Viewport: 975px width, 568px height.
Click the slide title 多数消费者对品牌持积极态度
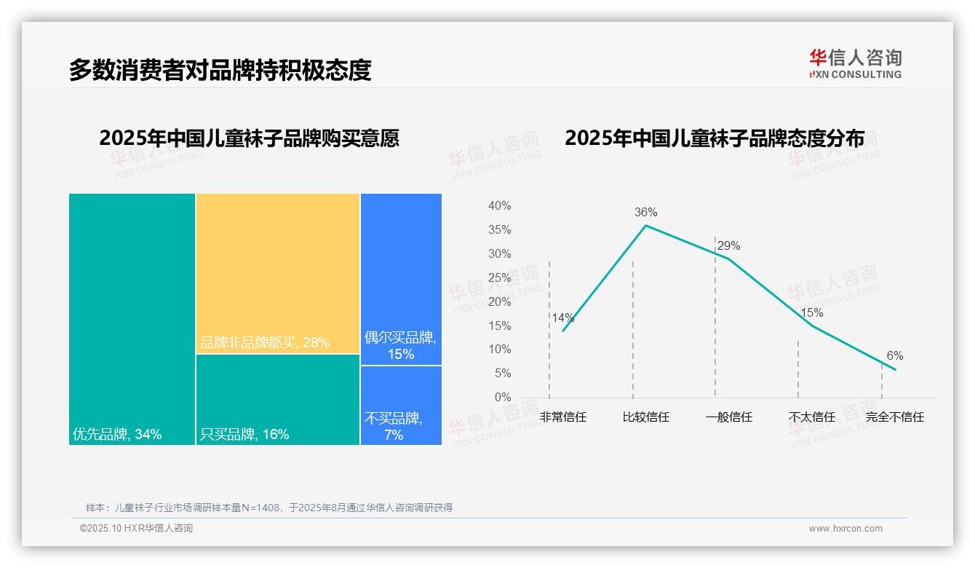click(x=220, y=70)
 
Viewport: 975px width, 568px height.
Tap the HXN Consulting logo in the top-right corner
click(x=855, y=63)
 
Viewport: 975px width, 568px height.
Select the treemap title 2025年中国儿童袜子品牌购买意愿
click(x=249, y=138)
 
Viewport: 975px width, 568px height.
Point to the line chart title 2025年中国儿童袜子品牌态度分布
click(x=714, y=138)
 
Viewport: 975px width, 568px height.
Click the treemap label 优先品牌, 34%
click(x=117, y=435)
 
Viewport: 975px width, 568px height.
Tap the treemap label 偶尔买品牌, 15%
click(x=400, y=346)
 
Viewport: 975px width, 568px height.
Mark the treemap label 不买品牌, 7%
click(x=394, y=427)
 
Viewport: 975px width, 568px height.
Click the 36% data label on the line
click(x=645, y=213)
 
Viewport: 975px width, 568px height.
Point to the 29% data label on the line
click(x=728, y=246)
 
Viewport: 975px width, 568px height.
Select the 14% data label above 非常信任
click(x=562, y=317)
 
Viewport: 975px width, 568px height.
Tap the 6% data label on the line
click(x=894, y=356)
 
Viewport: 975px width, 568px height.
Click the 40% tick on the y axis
click(x=499, y=206)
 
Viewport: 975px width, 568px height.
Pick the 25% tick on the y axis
click(x=499, y=277)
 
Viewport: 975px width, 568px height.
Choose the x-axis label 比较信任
click(x=645, y=417)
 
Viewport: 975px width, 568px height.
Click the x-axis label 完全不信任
click(x=894, y=417)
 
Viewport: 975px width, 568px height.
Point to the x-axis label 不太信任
click(x=811, y=417)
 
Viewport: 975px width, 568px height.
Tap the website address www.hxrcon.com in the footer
click(x=845, y=529)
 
